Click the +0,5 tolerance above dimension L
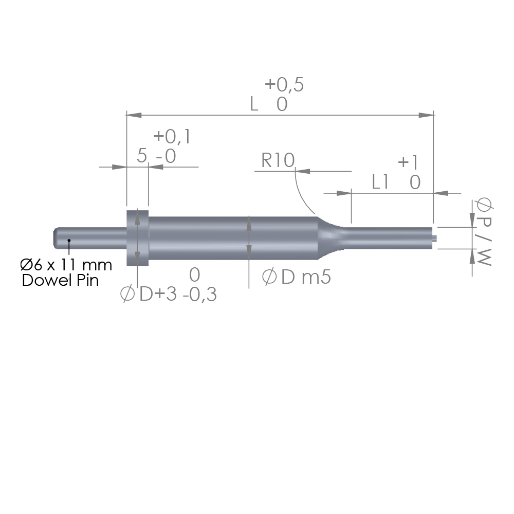tap(284, 85)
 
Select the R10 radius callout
tap(278, 161)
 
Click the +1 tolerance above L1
tap(409, 162)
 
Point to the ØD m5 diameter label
tap(297, 278)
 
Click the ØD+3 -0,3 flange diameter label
tap(168, 295)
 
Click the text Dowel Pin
tap(60, 281)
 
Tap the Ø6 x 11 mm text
tap(66, 265)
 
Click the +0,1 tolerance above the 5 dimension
tap(172, 137)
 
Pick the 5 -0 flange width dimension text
tap(156, 156)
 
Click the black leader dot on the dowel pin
tap(69, 240)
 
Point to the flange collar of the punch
tap(138, 237)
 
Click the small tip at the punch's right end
tap(436, 237)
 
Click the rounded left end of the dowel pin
tap(56, 237)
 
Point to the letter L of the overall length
tap(254, 104)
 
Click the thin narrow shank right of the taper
tap(391, 237)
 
